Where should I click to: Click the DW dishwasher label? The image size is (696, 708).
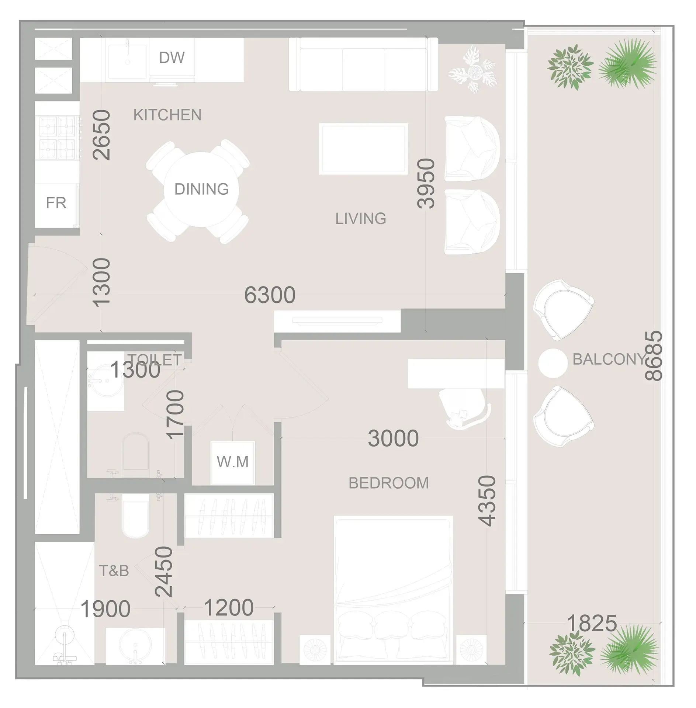coord(172,58)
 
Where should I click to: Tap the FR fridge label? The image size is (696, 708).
coord(56,203)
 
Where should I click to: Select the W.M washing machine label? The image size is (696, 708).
coord(232,462)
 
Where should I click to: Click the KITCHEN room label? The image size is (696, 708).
coord(167,115)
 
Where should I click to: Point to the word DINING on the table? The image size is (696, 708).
coord(201,189)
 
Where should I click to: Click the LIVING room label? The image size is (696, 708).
coord(360,219)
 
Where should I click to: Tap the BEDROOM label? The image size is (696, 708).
coord(388,483)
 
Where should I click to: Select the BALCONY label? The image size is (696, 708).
coord(609,359)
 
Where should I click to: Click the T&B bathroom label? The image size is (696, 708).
coord(114,571)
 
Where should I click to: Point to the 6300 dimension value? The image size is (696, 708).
coord(270,295)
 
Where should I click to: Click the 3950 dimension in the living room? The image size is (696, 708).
coord(426,183)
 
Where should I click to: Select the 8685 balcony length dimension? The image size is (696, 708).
coord(654,355)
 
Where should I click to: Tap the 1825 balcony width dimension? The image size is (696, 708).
coord(592,623)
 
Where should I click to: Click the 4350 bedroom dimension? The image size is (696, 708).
coord(487,500)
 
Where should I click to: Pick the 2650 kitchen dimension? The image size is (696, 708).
coord(101,135)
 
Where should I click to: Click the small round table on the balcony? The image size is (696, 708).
coord(552,363)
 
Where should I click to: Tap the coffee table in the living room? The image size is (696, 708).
coord(363,148)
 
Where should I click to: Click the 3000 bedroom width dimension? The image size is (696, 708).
coord(393,438)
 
